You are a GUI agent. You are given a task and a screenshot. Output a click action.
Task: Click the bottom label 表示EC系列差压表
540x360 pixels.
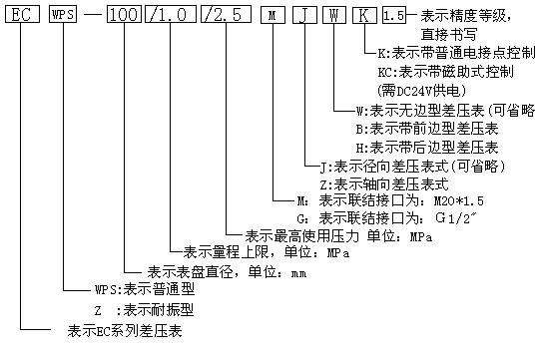pos(126,329)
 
